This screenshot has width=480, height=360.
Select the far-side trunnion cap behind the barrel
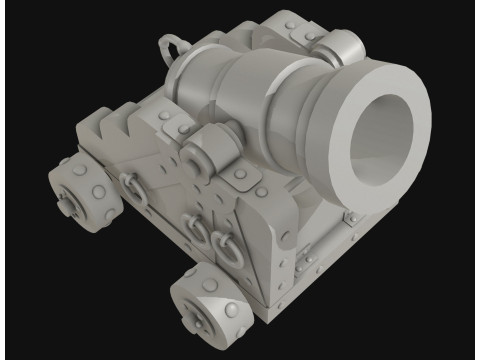(342, 45)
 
